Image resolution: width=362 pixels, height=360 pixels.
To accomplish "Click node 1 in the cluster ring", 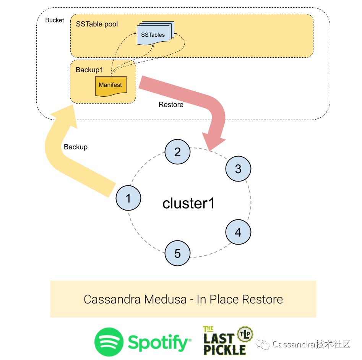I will pyautogui.click(x=128, y=198).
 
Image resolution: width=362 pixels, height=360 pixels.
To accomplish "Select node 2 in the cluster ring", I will pyautogui.click(x=177, y=152).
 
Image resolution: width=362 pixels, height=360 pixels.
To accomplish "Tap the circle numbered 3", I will pyautogui.click(x=238, y=169).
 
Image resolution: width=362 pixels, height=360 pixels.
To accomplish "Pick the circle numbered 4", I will pyautogui.click(x=238, y=232).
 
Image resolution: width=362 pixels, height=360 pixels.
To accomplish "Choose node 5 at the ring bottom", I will pyautogui.click(x=177, y=253).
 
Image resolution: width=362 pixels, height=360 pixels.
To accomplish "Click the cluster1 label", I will pyautogui.click(x=188, y=203).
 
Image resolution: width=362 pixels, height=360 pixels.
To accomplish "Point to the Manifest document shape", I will pyautogui.click(x=110, y=85).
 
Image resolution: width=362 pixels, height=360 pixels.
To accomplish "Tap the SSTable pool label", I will pyautogui.click(x=97, y=24).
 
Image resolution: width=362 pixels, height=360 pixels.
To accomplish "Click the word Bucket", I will pyautogui.click(x=55, y=20).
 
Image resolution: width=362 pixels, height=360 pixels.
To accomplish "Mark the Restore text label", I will pyautogui.click(x=171, y=104).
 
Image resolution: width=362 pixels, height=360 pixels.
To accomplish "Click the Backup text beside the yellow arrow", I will pyautogui.click(x=76, y=147).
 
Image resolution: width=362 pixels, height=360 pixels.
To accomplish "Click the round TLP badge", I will pyautogui.click(x=244, y=333).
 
